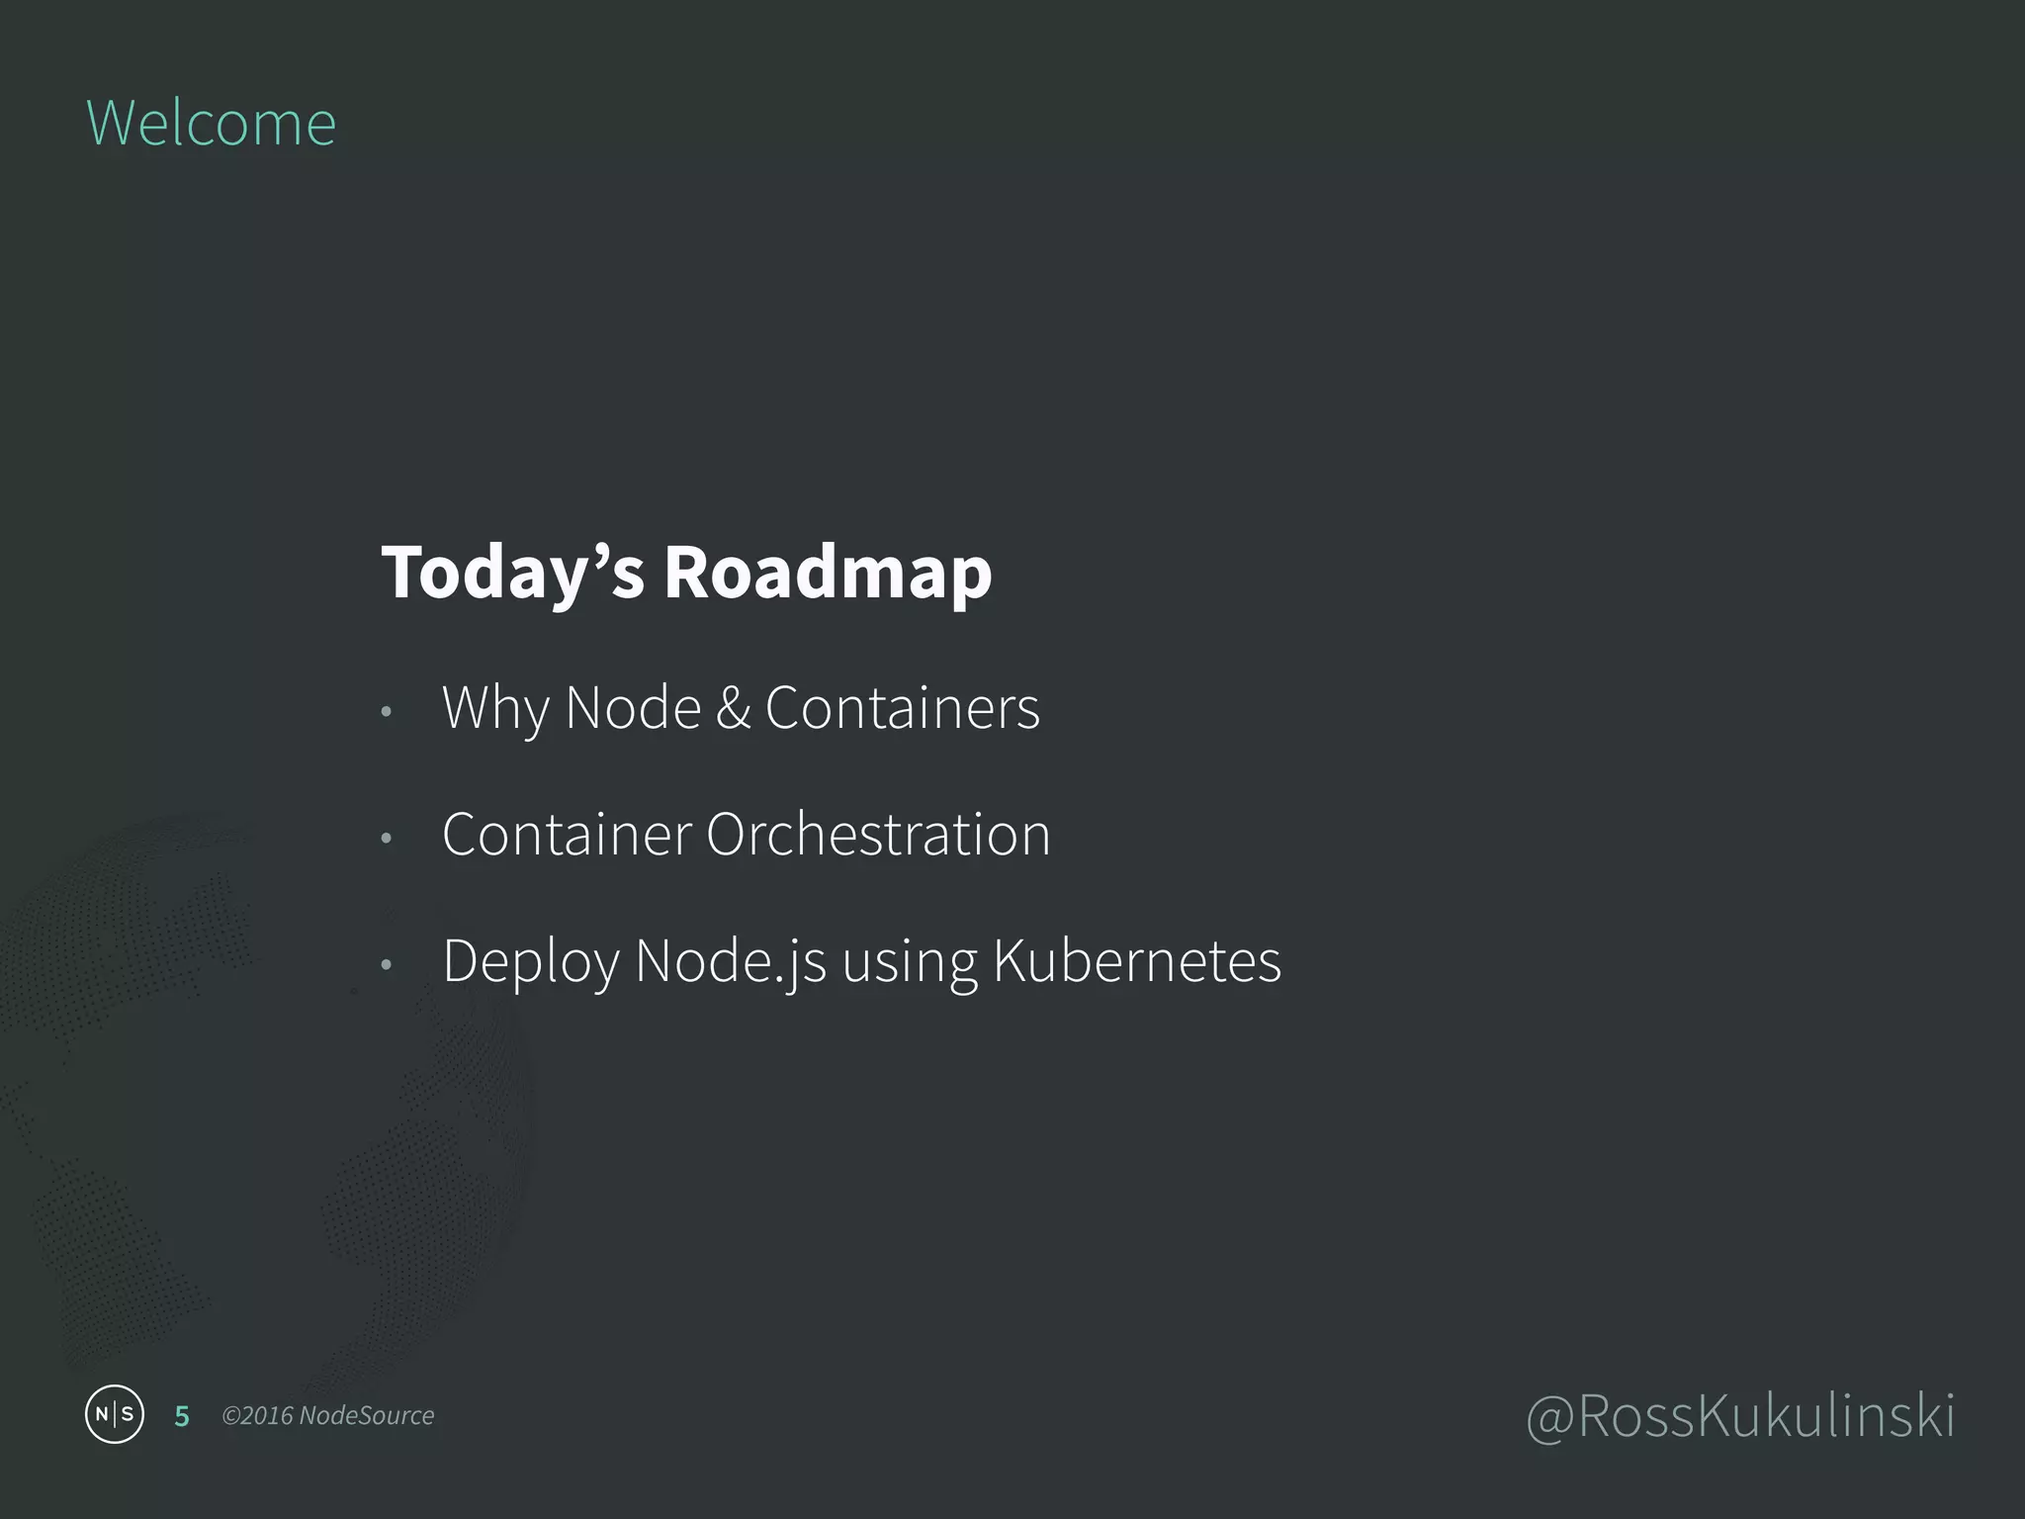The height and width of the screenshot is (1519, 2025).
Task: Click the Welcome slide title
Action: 211,124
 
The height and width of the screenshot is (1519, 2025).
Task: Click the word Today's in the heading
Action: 512,573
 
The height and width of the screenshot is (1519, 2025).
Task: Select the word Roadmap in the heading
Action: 828,573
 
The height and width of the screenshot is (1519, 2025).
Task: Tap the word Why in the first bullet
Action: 494,708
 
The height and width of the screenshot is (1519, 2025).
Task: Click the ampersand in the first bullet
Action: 733,708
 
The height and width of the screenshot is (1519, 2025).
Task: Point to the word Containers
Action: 902,708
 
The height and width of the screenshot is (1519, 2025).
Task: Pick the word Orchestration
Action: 878,835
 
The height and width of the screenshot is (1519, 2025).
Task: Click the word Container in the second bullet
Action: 567,835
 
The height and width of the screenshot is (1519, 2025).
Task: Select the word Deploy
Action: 530,961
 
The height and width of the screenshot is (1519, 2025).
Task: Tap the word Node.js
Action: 731,961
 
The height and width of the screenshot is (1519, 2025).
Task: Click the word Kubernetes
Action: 1136,961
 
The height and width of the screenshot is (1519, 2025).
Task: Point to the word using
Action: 910,963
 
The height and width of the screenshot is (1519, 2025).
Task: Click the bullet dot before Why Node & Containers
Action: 387,712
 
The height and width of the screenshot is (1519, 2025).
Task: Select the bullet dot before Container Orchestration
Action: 387,839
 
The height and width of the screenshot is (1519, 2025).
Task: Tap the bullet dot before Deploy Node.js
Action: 387,965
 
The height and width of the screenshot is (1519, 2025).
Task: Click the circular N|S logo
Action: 115,1414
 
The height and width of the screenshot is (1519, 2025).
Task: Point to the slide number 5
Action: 182,1416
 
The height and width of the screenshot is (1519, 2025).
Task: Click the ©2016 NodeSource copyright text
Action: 328,1416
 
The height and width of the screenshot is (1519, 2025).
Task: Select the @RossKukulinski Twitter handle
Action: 1740,1416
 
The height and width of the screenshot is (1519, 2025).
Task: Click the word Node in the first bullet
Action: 633,708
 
